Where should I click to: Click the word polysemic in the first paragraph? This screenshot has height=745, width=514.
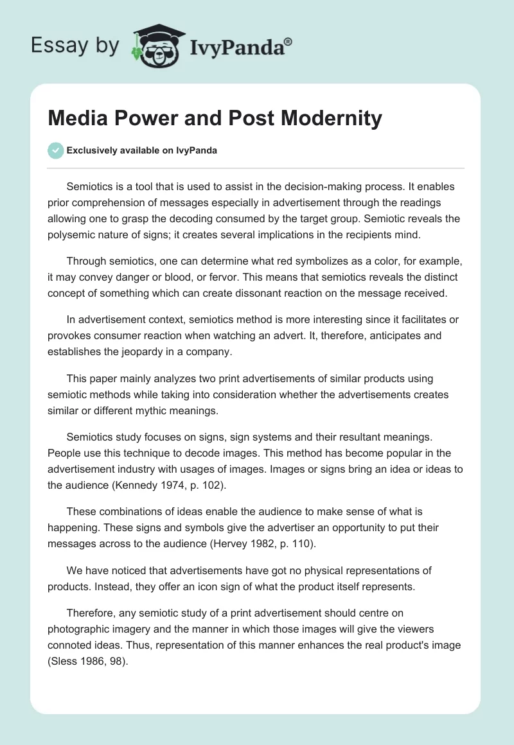pyautogui.click(x=73, y=234)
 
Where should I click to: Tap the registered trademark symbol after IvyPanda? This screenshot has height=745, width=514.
pyautogui.click(x=288, y=40)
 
